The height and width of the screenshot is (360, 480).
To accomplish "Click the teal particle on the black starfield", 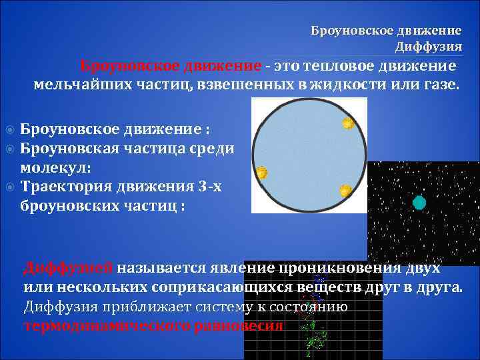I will (419, 203).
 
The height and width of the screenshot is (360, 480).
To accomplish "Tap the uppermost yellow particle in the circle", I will (348, 123).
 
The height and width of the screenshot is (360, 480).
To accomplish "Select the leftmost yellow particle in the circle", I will (262, 173).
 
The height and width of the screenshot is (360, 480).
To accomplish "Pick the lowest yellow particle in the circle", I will (345, 191).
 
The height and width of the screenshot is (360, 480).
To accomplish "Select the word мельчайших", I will (71, 85).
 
